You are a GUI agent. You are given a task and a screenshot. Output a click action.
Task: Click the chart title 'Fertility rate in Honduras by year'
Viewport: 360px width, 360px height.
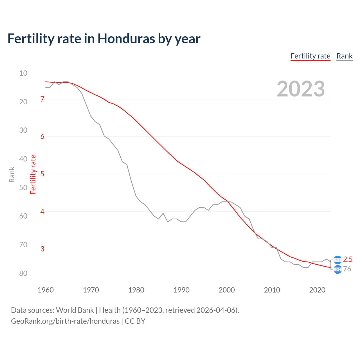(x=104, y=39)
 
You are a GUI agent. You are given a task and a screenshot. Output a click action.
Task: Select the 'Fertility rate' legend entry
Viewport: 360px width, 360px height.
(x=310, y=56)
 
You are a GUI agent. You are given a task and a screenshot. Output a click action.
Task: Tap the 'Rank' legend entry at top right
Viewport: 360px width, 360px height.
(x=344, y=56)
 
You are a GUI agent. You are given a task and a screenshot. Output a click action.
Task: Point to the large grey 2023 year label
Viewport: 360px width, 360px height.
(x=301, y=89)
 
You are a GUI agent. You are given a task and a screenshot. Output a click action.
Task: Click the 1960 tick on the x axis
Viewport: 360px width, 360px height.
(x=46, y=290)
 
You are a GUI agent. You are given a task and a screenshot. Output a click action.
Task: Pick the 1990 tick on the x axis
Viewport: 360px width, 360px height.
(x=181, y=290)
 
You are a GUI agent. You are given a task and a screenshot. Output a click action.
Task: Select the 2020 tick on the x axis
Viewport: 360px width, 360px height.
(x=317, y=290)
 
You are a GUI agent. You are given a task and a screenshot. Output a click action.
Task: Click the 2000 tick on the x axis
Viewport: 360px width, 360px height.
(x=227, y=290)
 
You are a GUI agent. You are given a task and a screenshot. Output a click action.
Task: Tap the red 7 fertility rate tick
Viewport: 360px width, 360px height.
(x=42, y=99)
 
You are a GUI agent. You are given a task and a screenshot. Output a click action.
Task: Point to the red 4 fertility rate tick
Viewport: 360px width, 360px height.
(x=42, y=211)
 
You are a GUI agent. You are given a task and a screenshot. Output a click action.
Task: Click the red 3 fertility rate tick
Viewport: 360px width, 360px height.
(x=42, y=249)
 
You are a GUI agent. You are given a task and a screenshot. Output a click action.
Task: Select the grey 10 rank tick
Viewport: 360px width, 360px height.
(x=23, y=73)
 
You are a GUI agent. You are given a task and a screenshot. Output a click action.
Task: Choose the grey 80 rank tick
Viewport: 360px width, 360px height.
(x=23, y=273)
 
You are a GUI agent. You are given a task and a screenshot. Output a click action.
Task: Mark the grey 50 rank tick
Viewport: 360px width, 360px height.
(x=23, y=188)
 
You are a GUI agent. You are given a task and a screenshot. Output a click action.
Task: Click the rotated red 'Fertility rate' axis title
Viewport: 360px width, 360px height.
(x=33, y=174)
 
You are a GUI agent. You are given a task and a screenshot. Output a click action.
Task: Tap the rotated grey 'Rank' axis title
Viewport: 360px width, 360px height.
(x=12, y=174)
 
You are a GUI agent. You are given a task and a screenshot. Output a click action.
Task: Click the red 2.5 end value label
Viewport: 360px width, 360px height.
(x=348, y=259)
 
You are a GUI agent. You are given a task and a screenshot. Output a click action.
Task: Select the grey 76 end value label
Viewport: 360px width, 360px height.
(x=347, y=269)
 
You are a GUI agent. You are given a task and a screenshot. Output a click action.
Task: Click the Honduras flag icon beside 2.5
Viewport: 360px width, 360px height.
(x=337, y=260)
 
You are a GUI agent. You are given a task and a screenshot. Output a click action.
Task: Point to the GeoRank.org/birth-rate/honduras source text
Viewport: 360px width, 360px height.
(x=65, y=321)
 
